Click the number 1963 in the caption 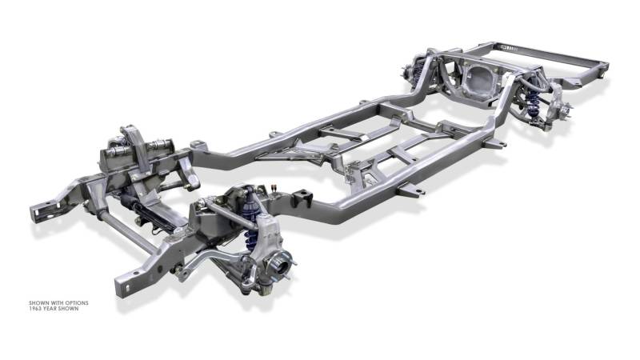[x=35, y=309]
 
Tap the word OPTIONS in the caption [x=76, y=303]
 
